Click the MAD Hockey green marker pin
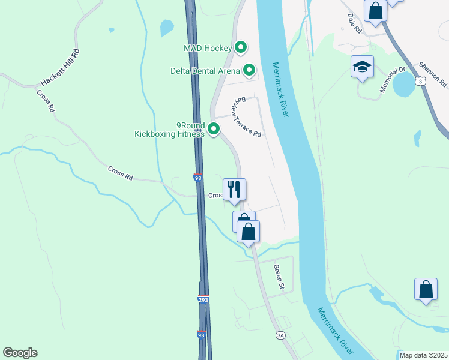tap(241, 47)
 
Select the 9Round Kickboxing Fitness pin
tap(213, 128)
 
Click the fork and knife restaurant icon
tap(234, 190)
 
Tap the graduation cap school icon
tap(363, 67)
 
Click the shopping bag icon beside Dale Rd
tap(376, 11)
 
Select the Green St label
tap(277, 277)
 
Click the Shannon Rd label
tap(433, 73)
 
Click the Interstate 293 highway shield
tap(203, 299)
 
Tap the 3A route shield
tap(280, 335)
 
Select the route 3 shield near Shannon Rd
tap(423, 80)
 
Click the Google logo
tap(20, 353)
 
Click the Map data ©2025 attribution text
tap(423, 355)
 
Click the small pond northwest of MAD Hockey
tap(166, 28)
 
